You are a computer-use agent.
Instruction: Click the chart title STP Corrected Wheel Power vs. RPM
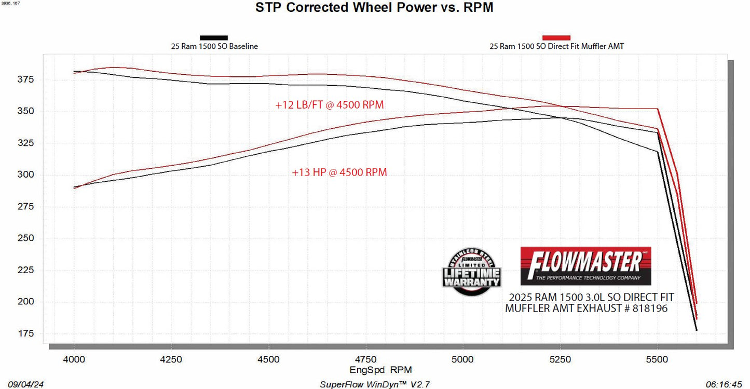tap(374, 8)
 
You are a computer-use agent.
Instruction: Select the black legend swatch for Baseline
tap(214, 37)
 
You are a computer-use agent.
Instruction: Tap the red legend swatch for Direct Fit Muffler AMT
tap(556, 37)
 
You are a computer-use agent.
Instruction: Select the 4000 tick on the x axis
tap(74, 359)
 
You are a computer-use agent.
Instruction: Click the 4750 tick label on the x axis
tap(365, 359)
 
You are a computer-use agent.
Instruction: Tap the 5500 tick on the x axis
tap(657, 359)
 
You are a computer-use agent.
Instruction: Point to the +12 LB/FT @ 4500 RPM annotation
tap(330, 105)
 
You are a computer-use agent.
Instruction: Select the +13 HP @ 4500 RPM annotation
tap(339, 172)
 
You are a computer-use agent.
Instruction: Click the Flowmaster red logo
tap(585, 266)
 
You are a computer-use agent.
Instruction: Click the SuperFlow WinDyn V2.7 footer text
tap(375, 384)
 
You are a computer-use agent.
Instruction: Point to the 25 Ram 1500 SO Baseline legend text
tap(214, 46)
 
